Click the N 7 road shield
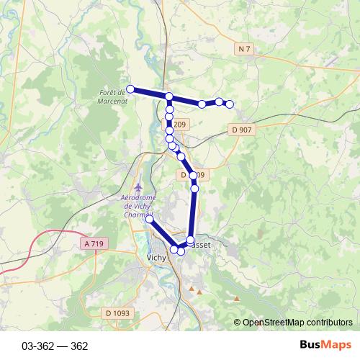245,48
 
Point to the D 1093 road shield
116,312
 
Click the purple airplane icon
138,188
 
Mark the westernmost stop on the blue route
130,89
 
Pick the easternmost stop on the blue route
230,104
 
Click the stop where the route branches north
168,96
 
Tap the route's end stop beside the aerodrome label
149,218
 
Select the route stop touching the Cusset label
191,240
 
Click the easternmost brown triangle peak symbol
237,297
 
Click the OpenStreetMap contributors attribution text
298,322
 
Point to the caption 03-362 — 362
55,346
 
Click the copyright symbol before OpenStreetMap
238,322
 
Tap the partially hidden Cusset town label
202,245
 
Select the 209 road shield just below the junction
179,125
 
